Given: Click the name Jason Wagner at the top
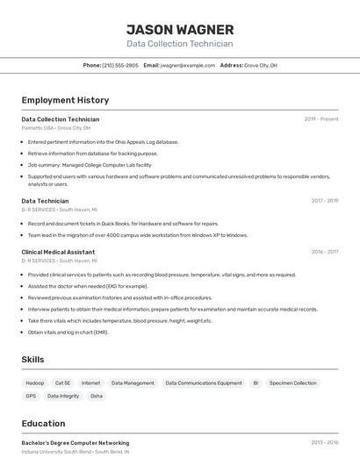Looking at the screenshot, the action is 179,29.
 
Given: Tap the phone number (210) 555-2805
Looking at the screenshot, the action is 120,65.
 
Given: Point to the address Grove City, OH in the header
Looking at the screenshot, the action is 261,65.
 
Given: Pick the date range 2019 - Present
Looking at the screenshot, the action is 321,119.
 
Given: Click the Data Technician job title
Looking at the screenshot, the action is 45,201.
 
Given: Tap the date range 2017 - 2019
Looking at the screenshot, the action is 324,201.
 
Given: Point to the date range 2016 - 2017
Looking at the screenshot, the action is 324,252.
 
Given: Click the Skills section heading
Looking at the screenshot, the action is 32,360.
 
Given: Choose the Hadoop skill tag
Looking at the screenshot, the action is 34,383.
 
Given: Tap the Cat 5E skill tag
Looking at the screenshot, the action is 63,383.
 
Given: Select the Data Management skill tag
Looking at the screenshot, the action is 133,383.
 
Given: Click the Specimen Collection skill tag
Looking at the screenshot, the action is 293,383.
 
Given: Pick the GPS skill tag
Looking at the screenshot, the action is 31,396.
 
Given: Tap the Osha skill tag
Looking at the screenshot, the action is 97,396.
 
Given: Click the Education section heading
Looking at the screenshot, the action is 43,423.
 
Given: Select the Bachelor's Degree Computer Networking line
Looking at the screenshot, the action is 76,443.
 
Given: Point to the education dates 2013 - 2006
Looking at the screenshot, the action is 324,443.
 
